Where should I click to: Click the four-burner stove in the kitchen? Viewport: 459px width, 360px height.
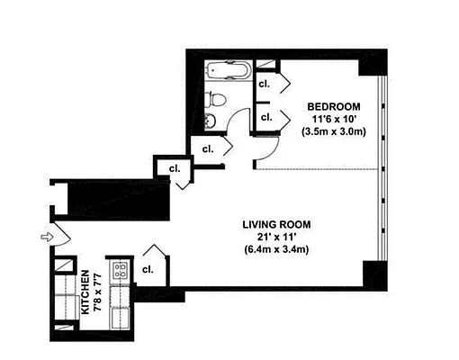(119, 269)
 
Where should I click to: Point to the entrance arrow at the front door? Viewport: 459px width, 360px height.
(48, 238)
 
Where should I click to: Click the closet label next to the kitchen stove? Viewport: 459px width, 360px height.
(148, 269)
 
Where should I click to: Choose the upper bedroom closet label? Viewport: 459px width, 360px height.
(265, 84)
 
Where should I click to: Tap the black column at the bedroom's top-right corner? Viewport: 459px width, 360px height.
(370, 64)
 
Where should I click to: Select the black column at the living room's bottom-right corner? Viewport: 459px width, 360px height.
(373, 274)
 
